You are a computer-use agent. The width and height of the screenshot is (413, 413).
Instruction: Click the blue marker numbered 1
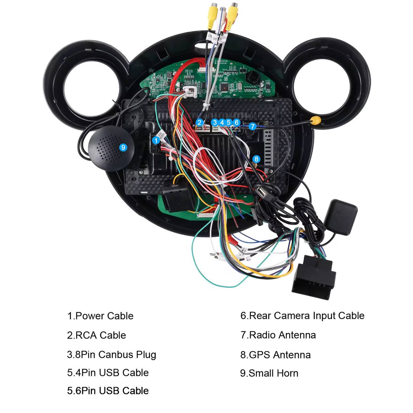(x=156, y=140)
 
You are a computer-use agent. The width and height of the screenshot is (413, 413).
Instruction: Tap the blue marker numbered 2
(x=199, y=122)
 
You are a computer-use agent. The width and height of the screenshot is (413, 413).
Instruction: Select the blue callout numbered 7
(x=253, y=126)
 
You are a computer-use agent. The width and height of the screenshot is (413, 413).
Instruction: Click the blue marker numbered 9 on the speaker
(x=123, y=147)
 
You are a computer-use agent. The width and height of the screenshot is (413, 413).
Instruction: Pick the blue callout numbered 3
(x=215, y=122)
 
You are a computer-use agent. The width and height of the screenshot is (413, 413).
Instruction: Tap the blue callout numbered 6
(x=237, y=122)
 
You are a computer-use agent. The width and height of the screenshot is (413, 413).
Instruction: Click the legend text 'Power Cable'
(x=100, y=316)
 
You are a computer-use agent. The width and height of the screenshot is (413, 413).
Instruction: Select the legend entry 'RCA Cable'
(x=96, y=335)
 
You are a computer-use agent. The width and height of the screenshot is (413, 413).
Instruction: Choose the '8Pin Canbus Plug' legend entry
(x=112, y=355)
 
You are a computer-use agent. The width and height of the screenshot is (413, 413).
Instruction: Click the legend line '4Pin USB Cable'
(x=108, y=373)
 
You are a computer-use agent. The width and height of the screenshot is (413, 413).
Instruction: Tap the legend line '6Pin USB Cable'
(x=108, y=391)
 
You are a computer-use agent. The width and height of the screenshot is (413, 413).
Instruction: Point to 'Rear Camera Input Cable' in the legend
(x=302, y=316)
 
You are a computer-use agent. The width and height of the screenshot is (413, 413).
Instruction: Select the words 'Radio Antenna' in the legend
(x=278, y=335)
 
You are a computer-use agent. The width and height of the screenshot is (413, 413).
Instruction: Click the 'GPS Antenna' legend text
(x=276, y=355)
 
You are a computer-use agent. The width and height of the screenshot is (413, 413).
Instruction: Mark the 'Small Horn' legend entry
(x=269, y=373)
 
